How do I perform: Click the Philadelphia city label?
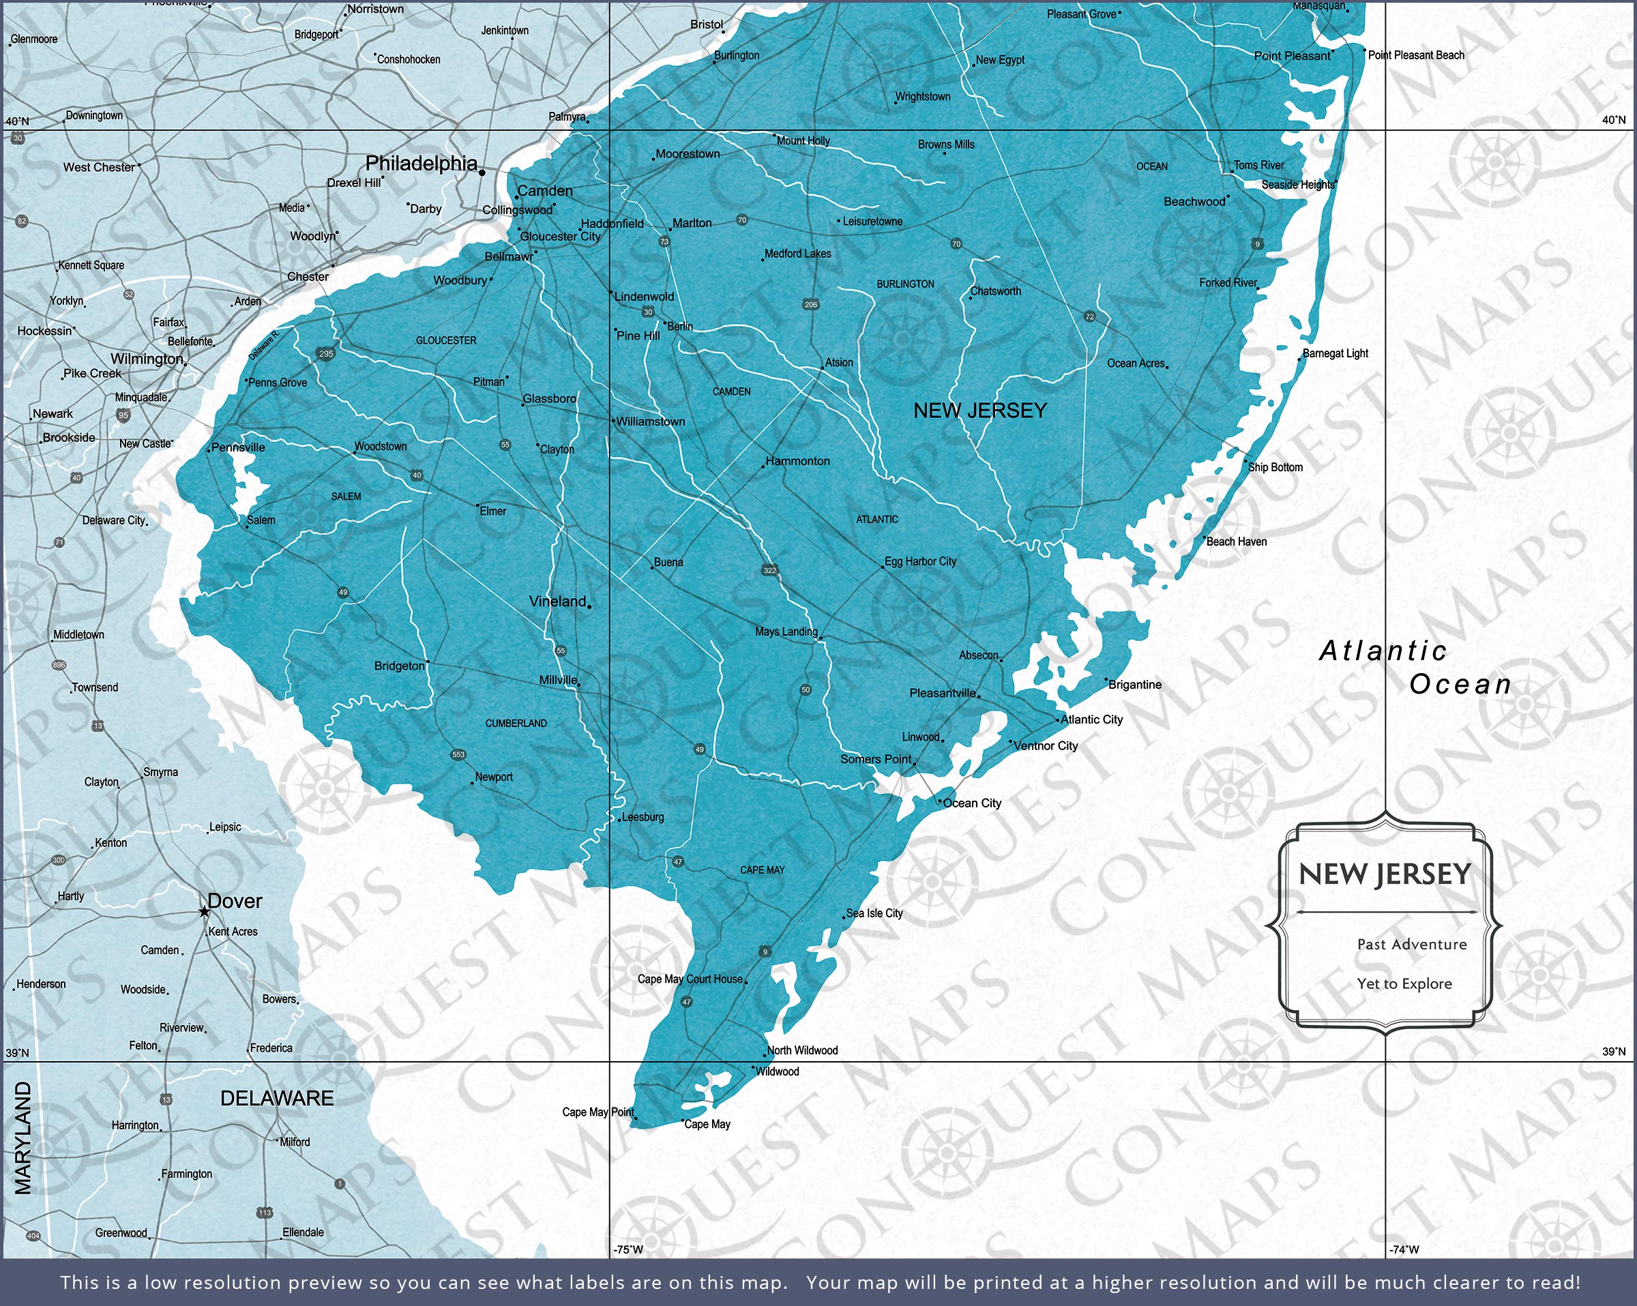coord(422,163)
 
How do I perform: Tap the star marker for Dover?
coord(204,911)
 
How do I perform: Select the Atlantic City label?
coord(1091,719)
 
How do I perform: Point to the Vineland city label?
coord(557,602)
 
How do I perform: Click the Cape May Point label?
coord(598,1112)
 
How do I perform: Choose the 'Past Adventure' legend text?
coord(1411,945)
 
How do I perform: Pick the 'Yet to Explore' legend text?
coord(1404,983)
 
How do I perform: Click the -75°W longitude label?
coord(628,1249)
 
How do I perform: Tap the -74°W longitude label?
coord(1403,1249)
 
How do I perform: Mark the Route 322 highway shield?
coord(770,570)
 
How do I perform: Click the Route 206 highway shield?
coord(811,304)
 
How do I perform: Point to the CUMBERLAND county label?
coord(516,723)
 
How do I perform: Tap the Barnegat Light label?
coord(1335,353)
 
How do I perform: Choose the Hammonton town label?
coord(797,461)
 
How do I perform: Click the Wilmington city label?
coord(147,359)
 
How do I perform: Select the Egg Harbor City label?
coord(920,561)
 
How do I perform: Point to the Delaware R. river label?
coord(264,344)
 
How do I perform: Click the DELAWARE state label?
coord(276,1098)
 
